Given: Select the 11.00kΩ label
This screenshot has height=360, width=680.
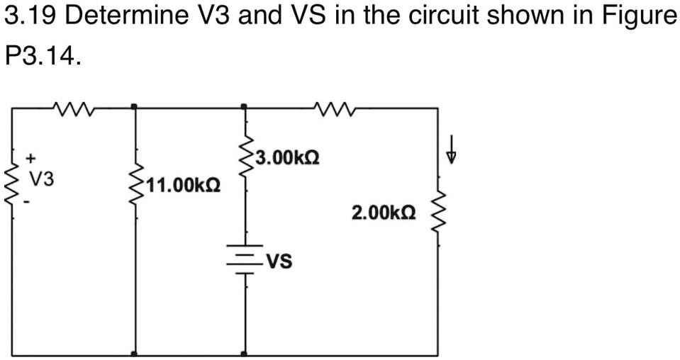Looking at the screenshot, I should (x=183, y=186).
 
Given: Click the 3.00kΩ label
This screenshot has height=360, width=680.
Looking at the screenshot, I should (x=288, y=157).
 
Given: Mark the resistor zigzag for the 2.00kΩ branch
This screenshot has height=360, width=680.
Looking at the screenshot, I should (x=437, y=213).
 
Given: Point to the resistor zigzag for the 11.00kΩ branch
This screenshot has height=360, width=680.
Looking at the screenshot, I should (x=135, y=187).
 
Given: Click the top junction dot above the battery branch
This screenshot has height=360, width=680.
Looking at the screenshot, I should (x=245, y=107).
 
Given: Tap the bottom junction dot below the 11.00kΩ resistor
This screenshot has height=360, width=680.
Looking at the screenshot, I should (x=135, y=354).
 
